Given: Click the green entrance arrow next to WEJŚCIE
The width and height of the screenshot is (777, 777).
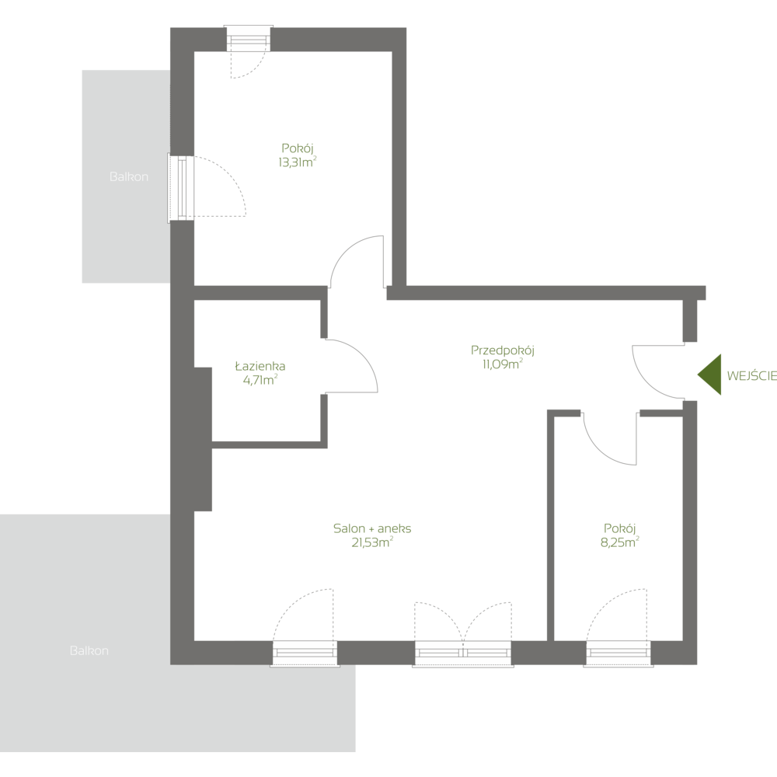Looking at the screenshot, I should tap(709, 375).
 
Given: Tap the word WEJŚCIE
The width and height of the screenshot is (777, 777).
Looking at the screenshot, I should tap(751, 375).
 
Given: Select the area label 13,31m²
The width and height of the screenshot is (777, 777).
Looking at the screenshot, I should tap(297, 162).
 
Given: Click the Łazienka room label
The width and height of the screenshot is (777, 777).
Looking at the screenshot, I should tap(260, 366).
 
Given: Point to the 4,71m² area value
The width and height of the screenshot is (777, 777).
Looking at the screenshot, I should tap(260, 380).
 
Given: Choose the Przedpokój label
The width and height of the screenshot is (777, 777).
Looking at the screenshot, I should tap(502, 350).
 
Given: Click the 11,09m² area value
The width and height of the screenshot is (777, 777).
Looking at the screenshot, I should tap(502, 364).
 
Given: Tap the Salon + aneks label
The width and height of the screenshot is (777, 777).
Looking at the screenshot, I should tap(372, 528).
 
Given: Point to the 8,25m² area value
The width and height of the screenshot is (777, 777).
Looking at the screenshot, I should tap(619, 542).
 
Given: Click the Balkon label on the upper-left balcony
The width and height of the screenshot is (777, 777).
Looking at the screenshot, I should tap(128, 177).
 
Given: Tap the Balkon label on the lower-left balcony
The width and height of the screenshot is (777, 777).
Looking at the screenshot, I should tap(89, 650).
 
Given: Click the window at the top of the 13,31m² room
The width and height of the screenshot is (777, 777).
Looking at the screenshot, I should tap(249, 39).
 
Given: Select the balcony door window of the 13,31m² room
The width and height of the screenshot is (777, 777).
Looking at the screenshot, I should tap(181, 188).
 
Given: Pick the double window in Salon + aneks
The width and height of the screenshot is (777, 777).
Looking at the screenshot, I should tap(463, 653).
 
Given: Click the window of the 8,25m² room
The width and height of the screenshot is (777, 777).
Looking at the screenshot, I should tap(618, 653).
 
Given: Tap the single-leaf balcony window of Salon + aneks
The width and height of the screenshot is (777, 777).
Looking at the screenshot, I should tap(305, 653).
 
